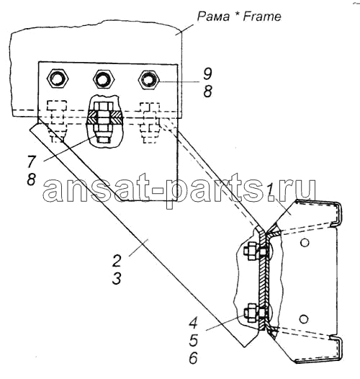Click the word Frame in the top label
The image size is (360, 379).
pos(262,17)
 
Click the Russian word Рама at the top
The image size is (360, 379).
pos(213,17)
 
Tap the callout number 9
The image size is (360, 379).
pos(207,73)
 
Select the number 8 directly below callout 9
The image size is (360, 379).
pos(207,92)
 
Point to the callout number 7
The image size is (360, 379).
pos(32,161)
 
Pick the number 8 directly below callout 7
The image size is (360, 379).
pos(32,179)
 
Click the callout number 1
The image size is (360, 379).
pos(270,190)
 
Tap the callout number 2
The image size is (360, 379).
pos(117,261)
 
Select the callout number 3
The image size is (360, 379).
pos(117,279)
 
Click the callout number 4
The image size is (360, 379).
pos(193,323)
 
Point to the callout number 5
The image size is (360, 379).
pos(193,340)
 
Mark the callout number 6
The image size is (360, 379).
pos(193,358)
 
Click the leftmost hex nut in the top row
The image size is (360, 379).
pos(58,79)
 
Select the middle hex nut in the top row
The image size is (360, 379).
pos(104,79)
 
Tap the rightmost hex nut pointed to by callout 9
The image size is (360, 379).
pos(149,79)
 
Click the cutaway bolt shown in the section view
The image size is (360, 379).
pos(104,122)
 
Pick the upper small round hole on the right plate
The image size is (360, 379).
pos(305,242)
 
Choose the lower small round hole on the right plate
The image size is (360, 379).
pos(304,318)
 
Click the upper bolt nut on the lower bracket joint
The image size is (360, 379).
pos(251,251)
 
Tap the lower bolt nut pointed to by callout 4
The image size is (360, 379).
pos(251,313)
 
